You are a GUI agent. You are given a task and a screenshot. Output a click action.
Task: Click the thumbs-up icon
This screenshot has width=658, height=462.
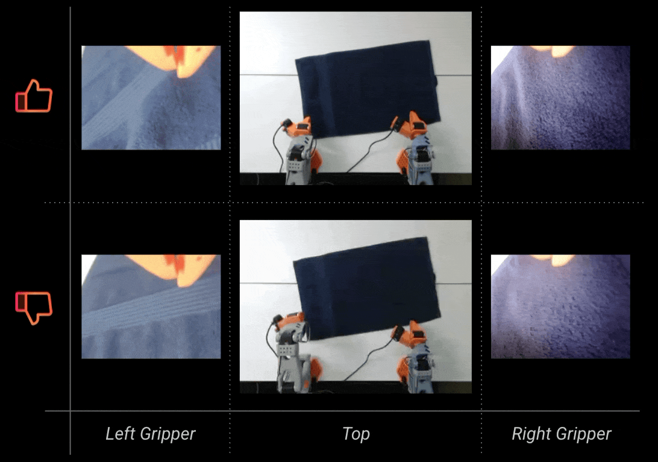(x=34, y=96)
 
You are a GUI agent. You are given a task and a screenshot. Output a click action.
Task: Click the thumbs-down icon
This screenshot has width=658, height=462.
(x=34, y=308)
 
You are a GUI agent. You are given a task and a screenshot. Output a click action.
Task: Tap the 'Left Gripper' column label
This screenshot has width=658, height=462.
(x=150, y=434)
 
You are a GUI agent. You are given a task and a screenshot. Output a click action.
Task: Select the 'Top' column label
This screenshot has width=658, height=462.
(x=356, y=434)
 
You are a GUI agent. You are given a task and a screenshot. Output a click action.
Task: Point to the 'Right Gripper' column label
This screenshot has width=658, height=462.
(x=561, y=434)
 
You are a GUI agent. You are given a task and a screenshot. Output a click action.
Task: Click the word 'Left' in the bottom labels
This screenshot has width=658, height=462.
(x=121, y=433)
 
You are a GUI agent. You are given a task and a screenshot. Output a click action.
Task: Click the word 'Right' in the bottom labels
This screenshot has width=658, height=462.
(x=530, y=434)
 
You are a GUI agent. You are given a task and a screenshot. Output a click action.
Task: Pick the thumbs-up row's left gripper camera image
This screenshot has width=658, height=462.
(x=151, y=98)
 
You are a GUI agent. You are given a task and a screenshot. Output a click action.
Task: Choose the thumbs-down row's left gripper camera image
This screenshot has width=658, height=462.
(x=151, y=306)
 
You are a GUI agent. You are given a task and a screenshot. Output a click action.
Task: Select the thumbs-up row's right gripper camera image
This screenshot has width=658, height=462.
(x=560, y=98)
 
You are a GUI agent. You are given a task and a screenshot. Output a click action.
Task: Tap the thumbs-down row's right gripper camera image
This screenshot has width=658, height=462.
(x=560, y=306)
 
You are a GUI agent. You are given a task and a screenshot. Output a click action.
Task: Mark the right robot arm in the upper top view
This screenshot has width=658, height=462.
(x=413, y=149)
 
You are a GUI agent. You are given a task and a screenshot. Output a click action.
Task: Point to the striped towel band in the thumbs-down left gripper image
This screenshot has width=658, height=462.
(x=151, y=310)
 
